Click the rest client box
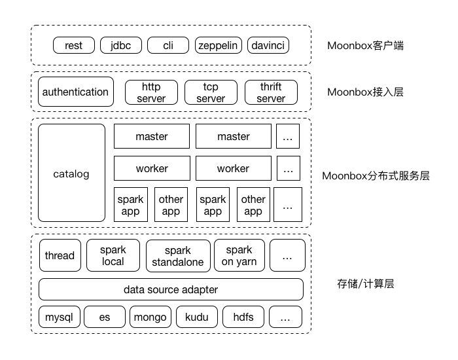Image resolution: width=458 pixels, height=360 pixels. tap(74, 45)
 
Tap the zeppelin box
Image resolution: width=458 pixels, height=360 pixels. tap(219, 45)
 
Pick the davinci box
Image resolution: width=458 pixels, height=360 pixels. tap(266, 45)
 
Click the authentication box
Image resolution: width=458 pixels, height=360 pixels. tap(76, 92)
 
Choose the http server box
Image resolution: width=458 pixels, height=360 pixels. tap(151, 92)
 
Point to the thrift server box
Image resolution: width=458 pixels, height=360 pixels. tap(271, 92)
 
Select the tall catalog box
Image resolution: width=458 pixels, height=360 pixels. tap(71, 173)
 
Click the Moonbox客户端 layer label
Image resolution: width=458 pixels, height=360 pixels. tap(366, 46)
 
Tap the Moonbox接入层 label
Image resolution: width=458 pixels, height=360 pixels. tap(366, 92)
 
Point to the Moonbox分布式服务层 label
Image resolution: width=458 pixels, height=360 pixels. tap(376, 175)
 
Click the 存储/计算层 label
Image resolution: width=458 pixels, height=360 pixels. tap(366, 284)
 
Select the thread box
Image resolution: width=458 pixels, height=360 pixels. tap(60, 255)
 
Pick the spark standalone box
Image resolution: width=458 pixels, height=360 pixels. tap(178, 256)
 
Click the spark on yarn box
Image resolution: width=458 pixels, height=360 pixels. tap(239, 255)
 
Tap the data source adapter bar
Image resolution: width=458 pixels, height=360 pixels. tap(171, 289)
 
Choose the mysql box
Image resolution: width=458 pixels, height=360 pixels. tap(59, 318)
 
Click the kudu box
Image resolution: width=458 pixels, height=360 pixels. tap(196, 318)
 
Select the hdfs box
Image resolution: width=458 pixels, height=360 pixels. tap(243, 318)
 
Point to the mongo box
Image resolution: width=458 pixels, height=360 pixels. tap(150, 318)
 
